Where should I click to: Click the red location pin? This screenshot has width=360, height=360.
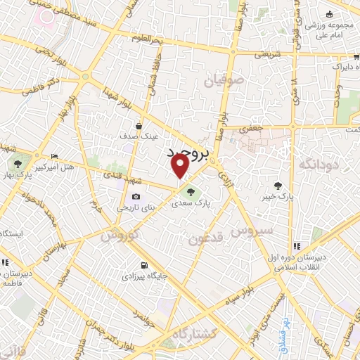coord(180,166)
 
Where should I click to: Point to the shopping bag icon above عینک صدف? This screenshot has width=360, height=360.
coord(139,126)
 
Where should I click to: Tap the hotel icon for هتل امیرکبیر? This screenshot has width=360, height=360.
coord(55,156)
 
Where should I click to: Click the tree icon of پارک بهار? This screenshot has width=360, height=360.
coord(16,164)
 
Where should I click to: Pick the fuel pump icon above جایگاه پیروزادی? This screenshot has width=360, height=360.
coord(145,266)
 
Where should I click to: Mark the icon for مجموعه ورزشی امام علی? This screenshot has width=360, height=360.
coord(329,14)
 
